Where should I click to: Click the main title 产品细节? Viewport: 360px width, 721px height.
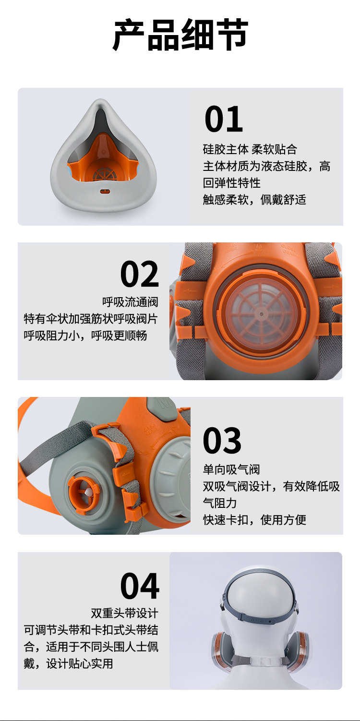click(x=180, y=35)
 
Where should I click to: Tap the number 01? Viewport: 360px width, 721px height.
click(x=224, y=119)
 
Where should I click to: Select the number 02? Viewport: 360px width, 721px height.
click(x=140, y=274)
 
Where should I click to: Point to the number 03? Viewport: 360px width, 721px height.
click(x=222, y=440)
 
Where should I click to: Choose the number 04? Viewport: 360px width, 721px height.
click(x=140, y=586)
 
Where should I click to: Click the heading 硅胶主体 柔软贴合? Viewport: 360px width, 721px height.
click(x=250, y=149)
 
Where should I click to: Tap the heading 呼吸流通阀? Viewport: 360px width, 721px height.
click(x=130, y=302)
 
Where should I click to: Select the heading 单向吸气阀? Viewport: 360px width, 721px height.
click(x=231, y=469)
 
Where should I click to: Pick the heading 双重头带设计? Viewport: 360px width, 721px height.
click(x=124, y=613)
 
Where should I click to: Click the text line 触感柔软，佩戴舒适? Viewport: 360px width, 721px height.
click(x=254, y=200)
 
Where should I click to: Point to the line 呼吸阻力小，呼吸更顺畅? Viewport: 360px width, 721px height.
click(x=85, y=336)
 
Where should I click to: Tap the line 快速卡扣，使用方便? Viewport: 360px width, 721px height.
click(x=254, y=519)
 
